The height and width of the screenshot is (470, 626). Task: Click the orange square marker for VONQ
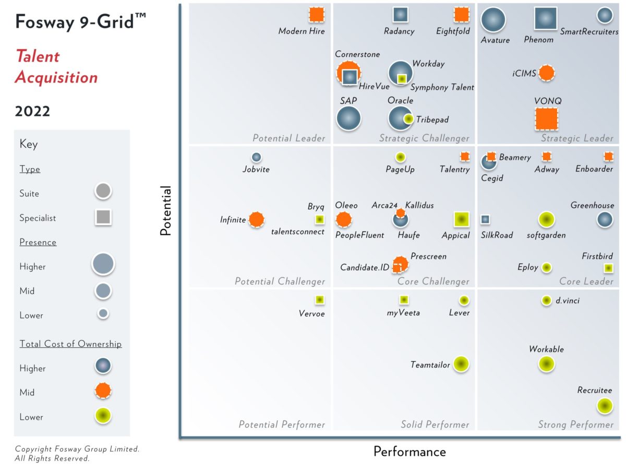click(x=546, y=119)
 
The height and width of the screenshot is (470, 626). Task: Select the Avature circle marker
click(x=493, y=20)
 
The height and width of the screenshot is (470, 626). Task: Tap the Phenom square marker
click(x=545, y=19)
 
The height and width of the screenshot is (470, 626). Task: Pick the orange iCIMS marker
click(x=546, y=73)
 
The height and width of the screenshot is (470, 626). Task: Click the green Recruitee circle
click(x=604, y=406)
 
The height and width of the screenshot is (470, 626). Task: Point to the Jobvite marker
click(x=256, y=157)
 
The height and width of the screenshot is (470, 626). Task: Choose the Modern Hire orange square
click(x=316, y=15)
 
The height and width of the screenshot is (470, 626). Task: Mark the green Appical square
click(x=462, y=219)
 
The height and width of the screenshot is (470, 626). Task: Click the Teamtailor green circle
click(x=460, y=364)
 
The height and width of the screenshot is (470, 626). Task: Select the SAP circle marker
click(x=348, y=118)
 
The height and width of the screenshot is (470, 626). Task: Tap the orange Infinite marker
click(x=256, y=220)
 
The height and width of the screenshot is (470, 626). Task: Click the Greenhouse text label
click(x=592, y=205)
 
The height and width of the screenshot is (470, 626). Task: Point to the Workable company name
click(x=546, y=349)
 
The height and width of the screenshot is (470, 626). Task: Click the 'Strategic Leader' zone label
click(x=577, y=138)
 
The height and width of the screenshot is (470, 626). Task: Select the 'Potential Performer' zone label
click(x=282, y=425)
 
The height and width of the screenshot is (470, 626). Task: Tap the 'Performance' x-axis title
click(x=410, y=452)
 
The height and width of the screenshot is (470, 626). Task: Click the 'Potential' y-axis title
click(x=166, y=210)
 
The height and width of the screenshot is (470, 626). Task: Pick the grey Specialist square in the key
click(x=103, y=217)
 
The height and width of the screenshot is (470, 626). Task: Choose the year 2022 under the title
click(x=33, y=111)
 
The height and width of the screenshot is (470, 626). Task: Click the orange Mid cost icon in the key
click(x=103, y=391)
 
